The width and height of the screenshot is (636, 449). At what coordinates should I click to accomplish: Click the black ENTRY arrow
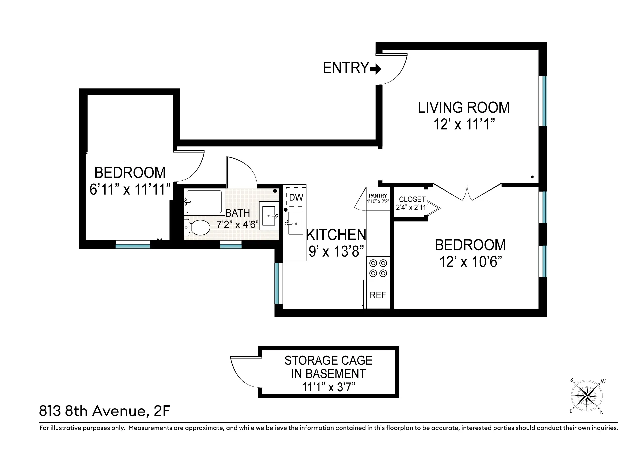[x=376, y=69]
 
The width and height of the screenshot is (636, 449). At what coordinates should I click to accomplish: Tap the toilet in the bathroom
[x=198, y=227]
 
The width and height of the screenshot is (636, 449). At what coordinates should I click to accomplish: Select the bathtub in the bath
[x=203, y=202]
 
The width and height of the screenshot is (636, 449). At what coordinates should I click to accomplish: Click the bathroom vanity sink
[x=269, y=216]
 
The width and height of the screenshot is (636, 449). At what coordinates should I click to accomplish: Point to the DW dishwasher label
[x=296, y=197]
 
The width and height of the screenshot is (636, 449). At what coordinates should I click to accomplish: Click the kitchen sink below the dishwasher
[x=295, y=223]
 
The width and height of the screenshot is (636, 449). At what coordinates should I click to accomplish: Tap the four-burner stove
[x=378, y=268]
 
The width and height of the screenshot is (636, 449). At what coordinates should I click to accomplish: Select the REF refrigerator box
[x=378, y=295]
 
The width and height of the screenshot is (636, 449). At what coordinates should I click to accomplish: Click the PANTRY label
[x=378, y=196]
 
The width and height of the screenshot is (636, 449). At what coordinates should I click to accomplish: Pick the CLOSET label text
[x=412, y=199]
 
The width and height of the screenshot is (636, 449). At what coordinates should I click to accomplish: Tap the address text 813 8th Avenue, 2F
[x=104, y=411]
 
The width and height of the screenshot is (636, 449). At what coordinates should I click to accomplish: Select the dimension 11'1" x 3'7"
[x=328, y=387]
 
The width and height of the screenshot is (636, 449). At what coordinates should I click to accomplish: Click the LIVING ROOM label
[x=463, y=108]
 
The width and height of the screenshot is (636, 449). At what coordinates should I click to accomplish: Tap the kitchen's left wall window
[x=278, y=283]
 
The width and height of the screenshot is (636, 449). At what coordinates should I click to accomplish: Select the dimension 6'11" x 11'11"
[x=130, y=190]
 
